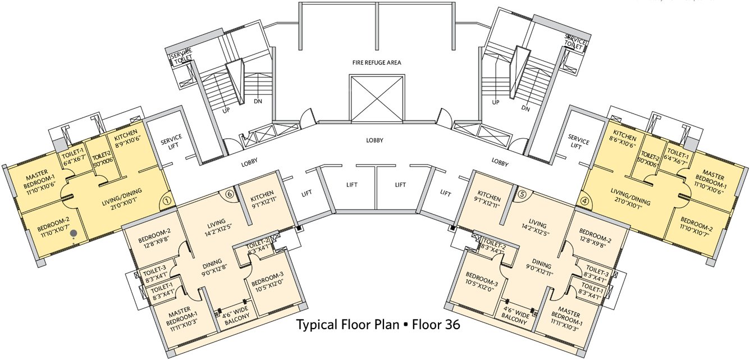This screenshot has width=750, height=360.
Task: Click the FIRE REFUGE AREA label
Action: (377, 62)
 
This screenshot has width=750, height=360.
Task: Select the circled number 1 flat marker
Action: (166, 199)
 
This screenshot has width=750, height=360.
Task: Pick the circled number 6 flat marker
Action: (229, 194)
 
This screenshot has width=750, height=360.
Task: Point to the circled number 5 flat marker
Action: (522, 194)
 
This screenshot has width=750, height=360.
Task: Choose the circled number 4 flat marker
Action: (585, 199)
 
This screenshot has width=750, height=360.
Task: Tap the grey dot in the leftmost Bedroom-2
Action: (74, 238)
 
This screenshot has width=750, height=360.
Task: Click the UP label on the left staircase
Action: (226, 111)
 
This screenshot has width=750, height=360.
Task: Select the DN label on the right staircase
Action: (525, 108)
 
